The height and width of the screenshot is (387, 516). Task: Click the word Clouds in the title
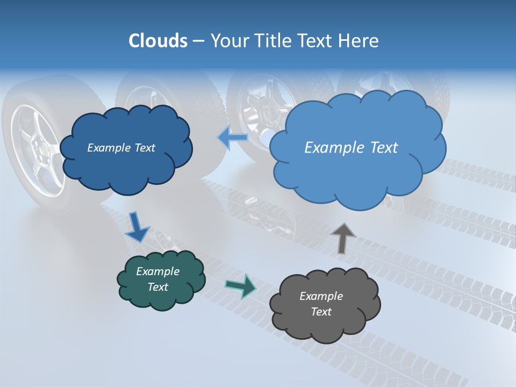point(158,41)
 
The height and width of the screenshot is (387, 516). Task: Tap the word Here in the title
point(360,41)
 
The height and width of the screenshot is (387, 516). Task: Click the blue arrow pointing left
point(232,138)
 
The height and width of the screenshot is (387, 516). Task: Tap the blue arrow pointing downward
point(137,227)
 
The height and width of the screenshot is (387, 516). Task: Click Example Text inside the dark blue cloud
point(121,148)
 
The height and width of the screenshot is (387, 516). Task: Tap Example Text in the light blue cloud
point(351,148)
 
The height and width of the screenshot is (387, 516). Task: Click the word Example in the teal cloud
point(157,271)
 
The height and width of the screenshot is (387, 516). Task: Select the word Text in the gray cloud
point(321,312)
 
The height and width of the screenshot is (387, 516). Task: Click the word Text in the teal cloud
point(157,287)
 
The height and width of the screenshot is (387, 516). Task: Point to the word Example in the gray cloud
point(321,296)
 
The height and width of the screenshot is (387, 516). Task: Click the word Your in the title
point(230,41)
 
